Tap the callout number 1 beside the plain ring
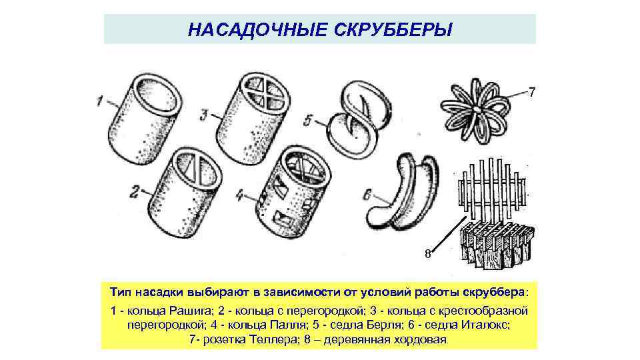click(x=99, y=102)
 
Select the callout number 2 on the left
click(x=134, y=193)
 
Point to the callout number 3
click(x=203, y=113)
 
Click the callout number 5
click(x=307, y=121)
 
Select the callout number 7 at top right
click(x=531, y=92)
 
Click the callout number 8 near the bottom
click(x=428, y=253)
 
